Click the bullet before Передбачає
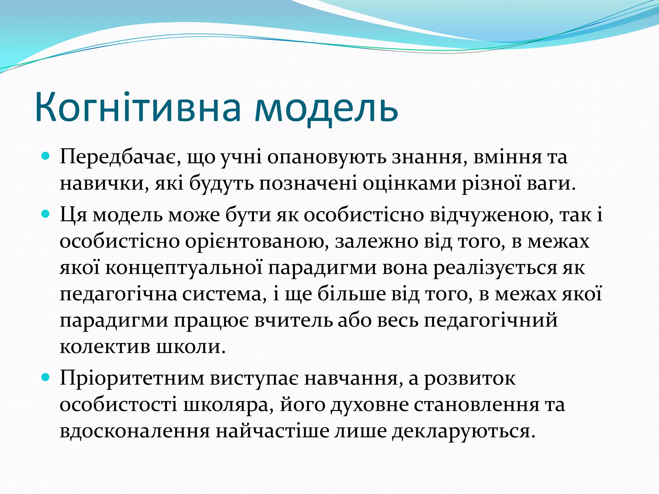point(46,157)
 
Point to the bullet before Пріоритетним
point(46,377)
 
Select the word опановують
point(327,158)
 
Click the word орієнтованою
point(257,242)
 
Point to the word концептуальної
point(184,268)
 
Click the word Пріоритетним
point(132,379)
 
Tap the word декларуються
point(463,431)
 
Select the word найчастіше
point(272,431)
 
